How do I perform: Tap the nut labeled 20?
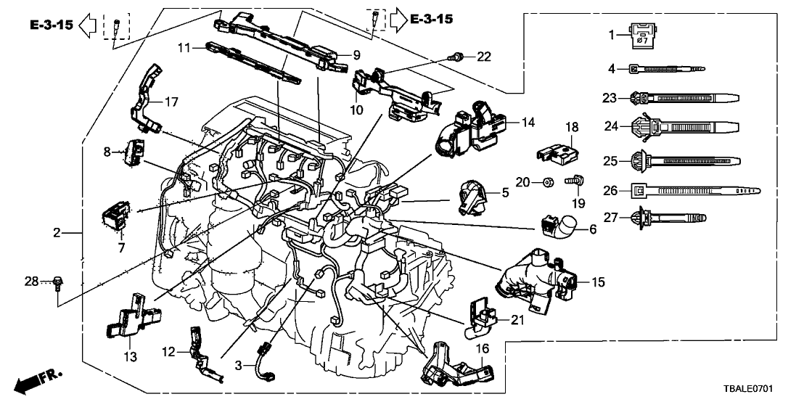coord(544,181)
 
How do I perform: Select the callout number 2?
coord(57,233)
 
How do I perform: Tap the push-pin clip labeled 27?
coord(668,217)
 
